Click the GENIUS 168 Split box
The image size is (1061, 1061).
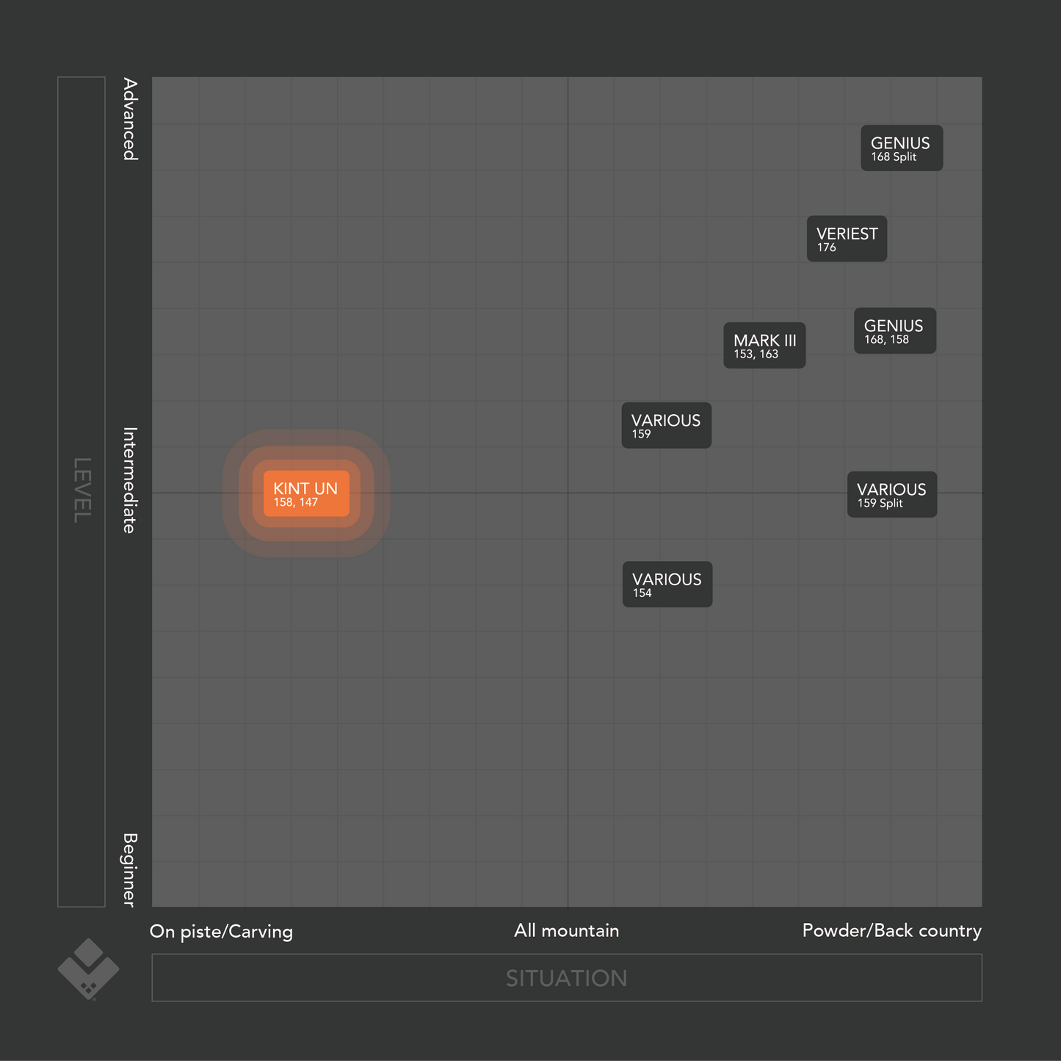pos(901,148)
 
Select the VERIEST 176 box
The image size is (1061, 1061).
pos(847,239)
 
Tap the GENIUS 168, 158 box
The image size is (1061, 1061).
pos(894,331)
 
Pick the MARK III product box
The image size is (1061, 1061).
pos(764,346)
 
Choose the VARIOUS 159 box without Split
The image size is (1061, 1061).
pos(666,425)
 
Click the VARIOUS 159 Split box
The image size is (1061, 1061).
pos(891,495)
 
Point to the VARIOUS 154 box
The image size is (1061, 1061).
pos(667,584)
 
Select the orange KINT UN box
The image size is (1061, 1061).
pos(306,493)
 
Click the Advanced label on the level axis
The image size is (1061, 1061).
pos(129,119)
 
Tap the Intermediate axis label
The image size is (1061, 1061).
pos(129,480)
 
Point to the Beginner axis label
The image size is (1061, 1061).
pos(129,870)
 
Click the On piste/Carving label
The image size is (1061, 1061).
pos(221,932)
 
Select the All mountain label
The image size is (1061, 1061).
pos(566,931)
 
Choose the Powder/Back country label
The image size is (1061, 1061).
pos(891,931)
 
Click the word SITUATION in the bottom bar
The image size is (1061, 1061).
pos(566,978)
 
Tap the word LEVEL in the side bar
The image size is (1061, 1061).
pos(82,490)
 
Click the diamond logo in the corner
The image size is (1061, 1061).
pos(88,969)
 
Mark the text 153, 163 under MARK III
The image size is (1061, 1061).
pos(756,355)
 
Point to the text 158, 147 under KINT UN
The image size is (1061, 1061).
pos(295,503)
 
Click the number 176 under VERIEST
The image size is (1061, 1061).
pos(827,248)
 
